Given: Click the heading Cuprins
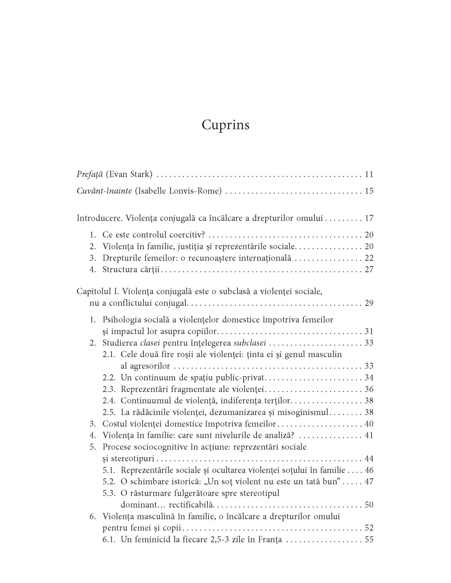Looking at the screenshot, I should coord(225,125).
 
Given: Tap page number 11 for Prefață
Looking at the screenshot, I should coord(369,175).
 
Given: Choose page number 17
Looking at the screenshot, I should coord(369,218).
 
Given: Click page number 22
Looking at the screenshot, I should coord(369,258).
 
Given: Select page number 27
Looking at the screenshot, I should coord(369,269).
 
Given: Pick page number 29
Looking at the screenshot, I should coord(369,303).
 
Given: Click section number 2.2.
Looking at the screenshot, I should coord(109,378).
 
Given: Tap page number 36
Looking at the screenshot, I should coord(369,389).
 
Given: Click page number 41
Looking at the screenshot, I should coord(369,435).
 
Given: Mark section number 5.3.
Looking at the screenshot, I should coord(109,493).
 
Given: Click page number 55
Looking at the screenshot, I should coord(369,540).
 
